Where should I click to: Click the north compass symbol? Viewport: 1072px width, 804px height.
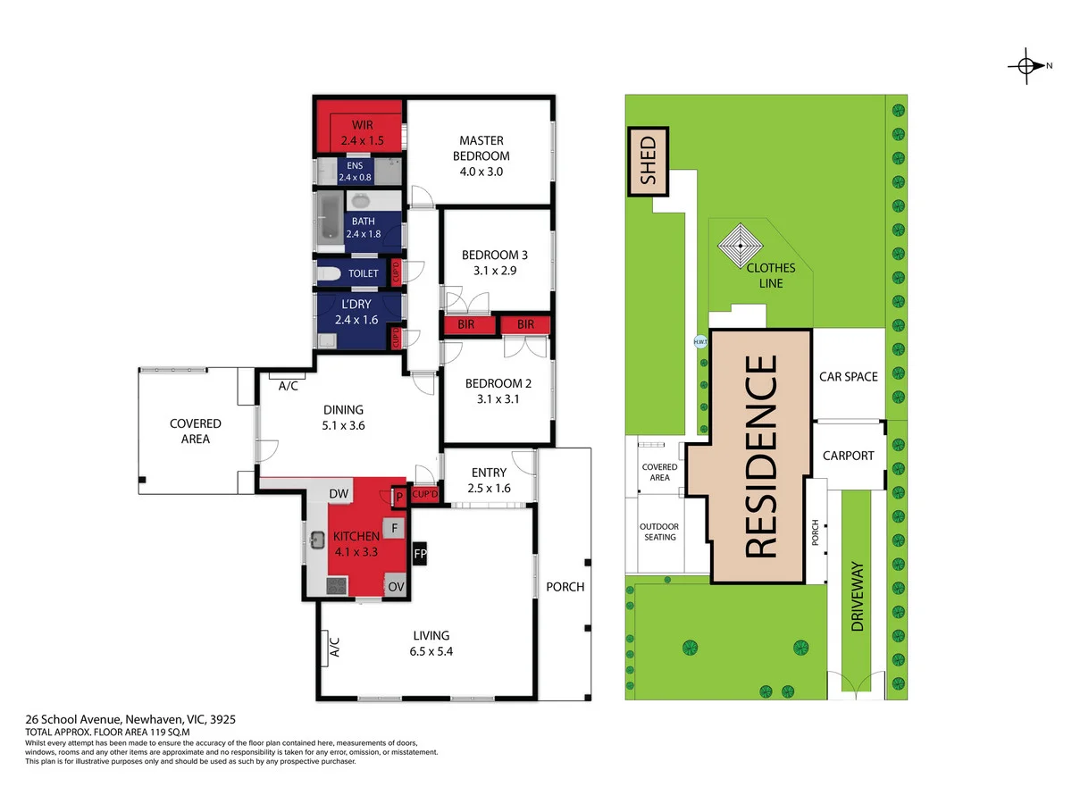pos(1026,65)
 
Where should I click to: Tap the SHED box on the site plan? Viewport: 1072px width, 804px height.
pos(648,161)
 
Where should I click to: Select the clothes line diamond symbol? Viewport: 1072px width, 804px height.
pos(740,246)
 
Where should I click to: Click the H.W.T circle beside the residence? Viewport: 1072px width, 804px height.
pos(700,341)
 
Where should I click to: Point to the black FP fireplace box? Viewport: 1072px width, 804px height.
pos(420,553)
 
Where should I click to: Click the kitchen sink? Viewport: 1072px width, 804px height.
pos(317,540)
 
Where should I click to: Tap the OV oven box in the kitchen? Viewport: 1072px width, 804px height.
pos(395,586)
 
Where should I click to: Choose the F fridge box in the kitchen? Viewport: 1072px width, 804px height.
pos(394,528)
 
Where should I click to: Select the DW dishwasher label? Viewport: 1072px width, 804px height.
pos(339,493)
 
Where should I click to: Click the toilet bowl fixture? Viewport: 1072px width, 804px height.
pos(329,274)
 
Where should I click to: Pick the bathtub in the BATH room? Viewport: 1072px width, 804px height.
pos(331,220)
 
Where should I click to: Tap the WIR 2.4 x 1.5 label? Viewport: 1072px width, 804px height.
pos(362,133)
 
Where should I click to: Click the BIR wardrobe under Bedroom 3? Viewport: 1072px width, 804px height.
pos(467,324)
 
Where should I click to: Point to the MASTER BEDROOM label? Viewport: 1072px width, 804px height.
pos(481,148)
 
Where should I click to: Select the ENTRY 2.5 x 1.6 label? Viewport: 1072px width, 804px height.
pos(489,481)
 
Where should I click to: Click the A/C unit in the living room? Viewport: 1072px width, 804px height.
pos(323,649)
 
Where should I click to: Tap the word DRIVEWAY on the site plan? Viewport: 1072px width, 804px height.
pos(857,597)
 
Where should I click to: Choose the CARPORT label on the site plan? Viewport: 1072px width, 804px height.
pos(849,456)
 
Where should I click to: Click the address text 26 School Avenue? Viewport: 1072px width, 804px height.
pos(73,719)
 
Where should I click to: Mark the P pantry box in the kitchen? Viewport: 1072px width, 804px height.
pos(399,497)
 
